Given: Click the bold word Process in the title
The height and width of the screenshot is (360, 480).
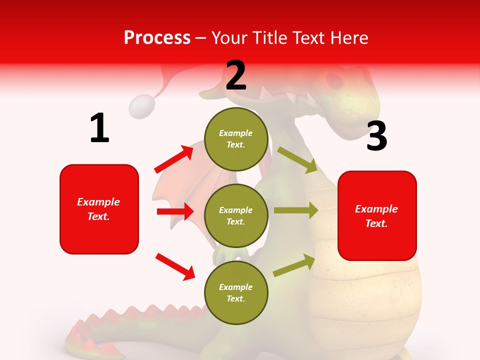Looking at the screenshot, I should tap(157, 38).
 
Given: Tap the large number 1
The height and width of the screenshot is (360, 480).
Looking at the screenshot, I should tap(99, 128).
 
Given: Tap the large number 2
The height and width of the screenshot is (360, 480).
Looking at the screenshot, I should tap(236, 76).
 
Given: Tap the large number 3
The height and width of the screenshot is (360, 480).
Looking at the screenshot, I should tap(376, 136).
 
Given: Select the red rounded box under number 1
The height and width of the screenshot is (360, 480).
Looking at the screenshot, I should tap(99, 209).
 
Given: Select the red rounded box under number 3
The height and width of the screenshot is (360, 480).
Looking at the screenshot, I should tap(377, 215).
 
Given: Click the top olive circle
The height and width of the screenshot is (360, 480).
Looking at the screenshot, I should tap(236, 139).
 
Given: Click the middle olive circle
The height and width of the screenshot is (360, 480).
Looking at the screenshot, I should tap(236, 215).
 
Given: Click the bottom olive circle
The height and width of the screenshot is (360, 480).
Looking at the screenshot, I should tap(236, 292).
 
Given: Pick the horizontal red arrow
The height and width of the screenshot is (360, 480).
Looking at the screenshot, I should tap(175, 211).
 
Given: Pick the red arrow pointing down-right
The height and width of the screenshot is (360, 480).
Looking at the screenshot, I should tap(175, 266).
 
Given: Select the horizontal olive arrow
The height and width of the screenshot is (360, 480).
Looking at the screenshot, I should tap(295, 210).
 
